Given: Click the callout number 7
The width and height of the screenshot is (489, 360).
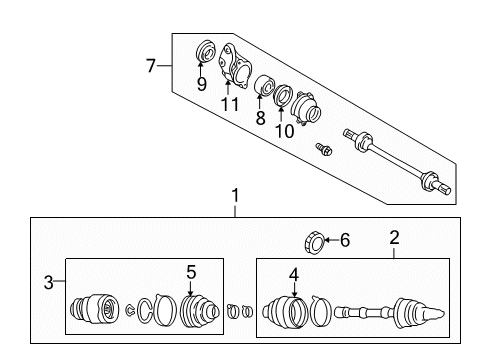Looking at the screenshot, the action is click(x=151, y=66).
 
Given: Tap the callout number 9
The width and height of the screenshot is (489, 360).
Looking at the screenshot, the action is click(x=201, y=84).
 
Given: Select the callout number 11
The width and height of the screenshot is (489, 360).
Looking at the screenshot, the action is click(x=230, y=104).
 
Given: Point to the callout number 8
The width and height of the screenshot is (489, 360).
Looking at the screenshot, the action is click(x=260, y=117).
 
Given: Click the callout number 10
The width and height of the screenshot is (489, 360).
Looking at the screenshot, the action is click(x=284, y=131).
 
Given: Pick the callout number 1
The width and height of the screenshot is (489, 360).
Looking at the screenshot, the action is click(x=236, y=195).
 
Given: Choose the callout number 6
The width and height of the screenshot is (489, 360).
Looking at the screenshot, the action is click(x=345, y=240).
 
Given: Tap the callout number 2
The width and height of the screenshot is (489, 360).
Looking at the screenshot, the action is click(x=394, y=238).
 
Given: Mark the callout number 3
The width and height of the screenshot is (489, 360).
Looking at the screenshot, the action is click(x=49, y=283).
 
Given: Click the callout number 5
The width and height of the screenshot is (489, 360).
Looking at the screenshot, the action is click(x=191, y=272).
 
